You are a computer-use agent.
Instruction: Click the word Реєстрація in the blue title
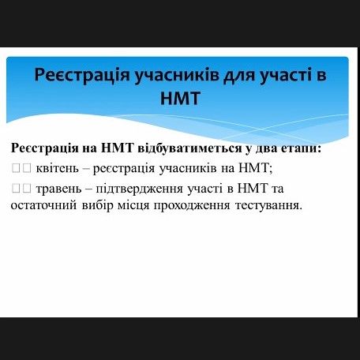82,75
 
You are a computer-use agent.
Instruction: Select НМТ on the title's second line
181,98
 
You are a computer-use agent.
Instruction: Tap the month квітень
58,168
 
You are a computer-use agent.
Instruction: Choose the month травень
59,189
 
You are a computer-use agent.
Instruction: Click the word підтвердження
140,189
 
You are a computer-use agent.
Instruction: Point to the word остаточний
43,205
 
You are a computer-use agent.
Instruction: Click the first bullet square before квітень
16,168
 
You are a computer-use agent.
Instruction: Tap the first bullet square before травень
16,189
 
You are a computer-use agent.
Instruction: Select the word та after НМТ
277,189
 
